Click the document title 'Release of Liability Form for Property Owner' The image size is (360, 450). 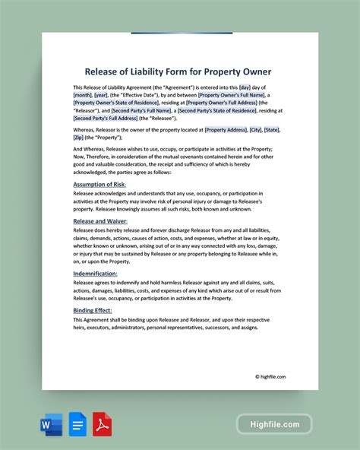tap(179, 72)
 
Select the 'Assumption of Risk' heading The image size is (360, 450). tap(99, 184)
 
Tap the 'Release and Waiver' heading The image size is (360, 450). tap(100, 220)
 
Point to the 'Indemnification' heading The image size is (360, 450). tap(95, 272)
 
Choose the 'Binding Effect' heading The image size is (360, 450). tap(93, 310)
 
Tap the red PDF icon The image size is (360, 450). tap(102, 424)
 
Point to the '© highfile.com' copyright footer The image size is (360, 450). tap(270, 376)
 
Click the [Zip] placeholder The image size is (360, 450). tap(78, 138)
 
